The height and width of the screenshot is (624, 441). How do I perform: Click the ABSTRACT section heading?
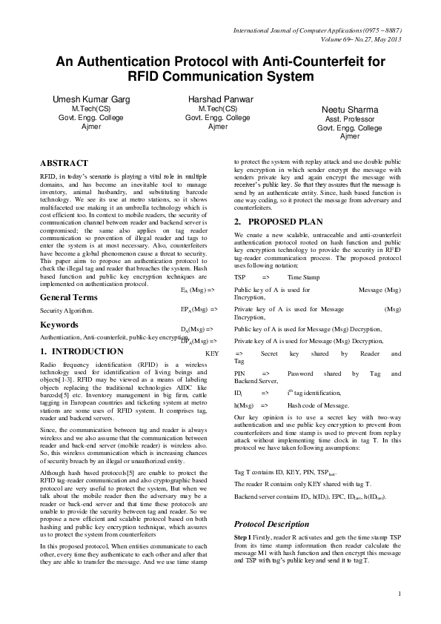[64, 163]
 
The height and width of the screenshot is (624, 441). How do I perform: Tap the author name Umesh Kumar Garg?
[85, 99]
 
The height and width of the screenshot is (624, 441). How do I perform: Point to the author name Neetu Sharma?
[348, 109]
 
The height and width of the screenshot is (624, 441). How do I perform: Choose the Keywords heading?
[60, 325]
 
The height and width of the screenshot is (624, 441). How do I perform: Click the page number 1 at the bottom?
[399, 594]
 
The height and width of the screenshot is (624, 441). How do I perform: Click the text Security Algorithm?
[67, 311]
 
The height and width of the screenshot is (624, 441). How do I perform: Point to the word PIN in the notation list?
[239, 373]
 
